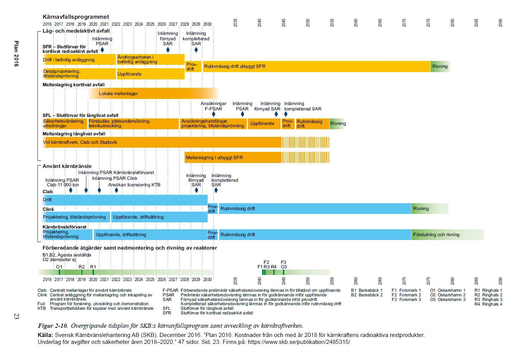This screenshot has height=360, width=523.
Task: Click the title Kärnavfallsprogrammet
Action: [76, 17]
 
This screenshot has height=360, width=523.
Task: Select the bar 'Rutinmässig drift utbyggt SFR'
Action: [317, 66]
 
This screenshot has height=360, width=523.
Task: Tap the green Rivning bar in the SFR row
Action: [440, 66]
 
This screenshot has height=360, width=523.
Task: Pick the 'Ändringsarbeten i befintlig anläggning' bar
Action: [150, 59]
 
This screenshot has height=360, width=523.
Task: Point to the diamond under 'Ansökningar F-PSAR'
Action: [214, 114]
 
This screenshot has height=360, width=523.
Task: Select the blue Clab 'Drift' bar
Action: [125, 200]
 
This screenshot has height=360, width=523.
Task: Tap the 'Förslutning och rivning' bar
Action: [447, 235]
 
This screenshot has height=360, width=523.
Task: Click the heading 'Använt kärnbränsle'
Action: [67, 166]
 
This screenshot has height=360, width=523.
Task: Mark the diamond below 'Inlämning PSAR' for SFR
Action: [102, 50]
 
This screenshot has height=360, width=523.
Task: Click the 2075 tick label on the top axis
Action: [428, 23]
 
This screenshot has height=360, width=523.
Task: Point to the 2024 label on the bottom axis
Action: [139, 280]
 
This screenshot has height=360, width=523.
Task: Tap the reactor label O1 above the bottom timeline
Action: [59, 267]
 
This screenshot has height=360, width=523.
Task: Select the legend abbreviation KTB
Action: [41, 308]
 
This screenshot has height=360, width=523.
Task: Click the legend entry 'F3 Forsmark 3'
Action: [406, 299]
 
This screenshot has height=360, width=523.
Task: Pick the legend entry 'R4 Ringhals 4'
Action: [488, 304]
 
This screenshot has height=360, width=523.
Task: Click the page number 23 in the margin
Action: [16, 317]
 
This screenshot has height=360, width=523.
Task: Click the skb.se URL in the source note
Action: [299, 342]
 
